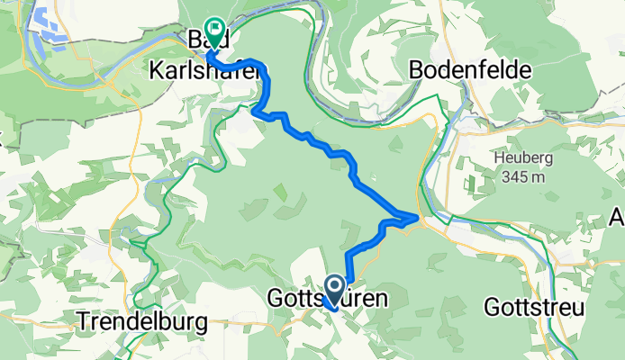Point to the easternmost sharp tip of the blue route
[417, 217]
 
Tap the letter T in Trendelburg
[82, 321]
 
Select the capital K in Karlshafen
[152, 68]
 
